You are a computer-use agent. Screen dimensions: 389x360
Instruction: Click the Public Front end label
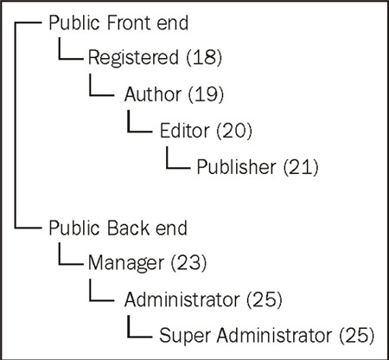pyautogui.click(x=118, y=22)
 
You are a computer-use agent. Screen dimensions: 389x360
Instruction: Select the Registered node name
pyautogui.click(x=133, y=58)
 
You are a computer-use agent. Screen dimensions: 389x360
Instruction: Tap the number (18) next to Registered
pyautogui.click(x=204, y=57)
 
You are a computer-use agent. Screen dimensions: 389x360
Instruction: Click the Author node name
pyautogui.click(x=153, y=93)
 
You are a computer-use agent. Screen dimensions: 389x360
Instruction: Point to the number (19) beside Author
pyautogui.click(x=206, y=93)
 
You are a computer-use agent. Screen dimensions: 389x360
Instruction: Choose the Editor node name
pyautogui.click(x=184, y=130)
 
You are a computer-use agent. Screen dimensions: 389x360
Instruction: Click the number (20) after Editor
pyautogui.click(x=234, y=131)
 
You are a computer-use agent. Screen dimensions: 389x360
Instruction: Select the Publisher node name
pyautogui.click(x=236, y=167)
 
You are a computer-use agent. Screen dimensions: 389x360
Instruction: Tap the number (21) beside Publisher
pyautogui.click(x=301, y=167)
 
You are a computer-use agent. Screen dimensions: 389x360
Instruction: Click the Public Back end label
pyautogui.click(x=118, y=228)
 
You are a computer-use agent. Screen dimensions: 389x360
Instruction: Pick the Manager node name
pyautogui.click(x=126, y=263)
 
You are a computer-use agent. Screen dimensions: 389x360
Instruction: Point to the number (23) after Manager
pyautogui.click(x=189, y=262)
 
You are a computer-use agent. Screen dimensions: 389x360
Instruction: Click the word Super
pyautogui.click(x=185, y=336)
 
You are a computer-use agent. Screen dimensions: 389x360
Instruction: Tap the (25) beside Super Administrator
pyautogui.click(x=357, y=335)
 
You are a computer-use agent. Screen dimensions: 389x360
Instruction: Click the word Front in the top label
pyautogui.click(x=129, y=22)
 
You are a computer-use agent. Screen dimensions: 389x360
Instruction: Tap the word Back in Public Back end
pyautogui.click(x=129, y=228)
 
